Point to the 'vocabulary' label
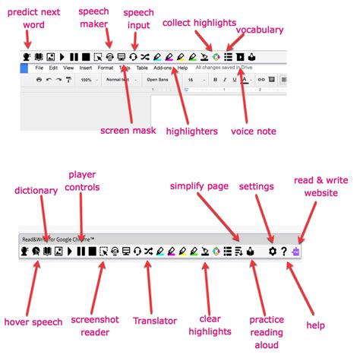tap(259, 30)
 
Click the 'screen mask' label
tap(128, 131)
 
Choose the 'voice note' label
tap(254, 131)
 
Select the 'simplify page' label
tap(198, 186)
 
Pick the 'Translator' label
tap(154, 320)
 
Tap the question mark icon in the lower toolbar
tap(284, 251)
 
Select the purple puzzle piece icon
tap(295, 251)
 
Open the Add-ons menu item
tap(162, 68)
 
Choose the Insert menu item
tap(86, 68)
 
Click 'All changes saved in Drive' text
tap(226, 68)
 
